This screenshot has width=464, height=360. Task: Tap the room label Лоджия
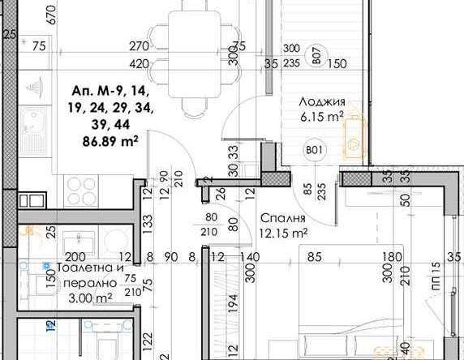pyautogui.click(x=322, y=102)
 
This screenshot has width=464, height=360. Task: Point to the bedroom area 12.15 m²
pyautogui.click(x=283, y=233)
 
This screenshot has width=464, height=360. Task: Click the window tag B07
pyautogui.click(x=316, y=57)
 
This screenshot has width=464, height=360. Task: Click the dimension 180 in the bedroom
pyautogui.click(x=393, y=257)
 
